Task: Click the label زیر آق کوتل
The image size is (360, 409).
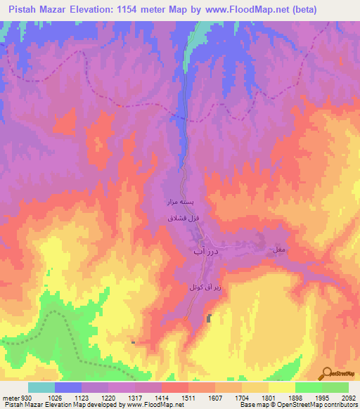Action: tap(193, 287)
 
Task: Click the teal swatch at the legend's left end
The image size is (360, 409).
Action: tap(41, 387)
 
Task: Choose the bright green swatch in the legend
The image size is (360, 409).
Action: tap(308, 387)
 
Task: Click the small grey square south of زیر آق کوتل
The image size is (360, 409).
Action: tap(210, 319)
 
